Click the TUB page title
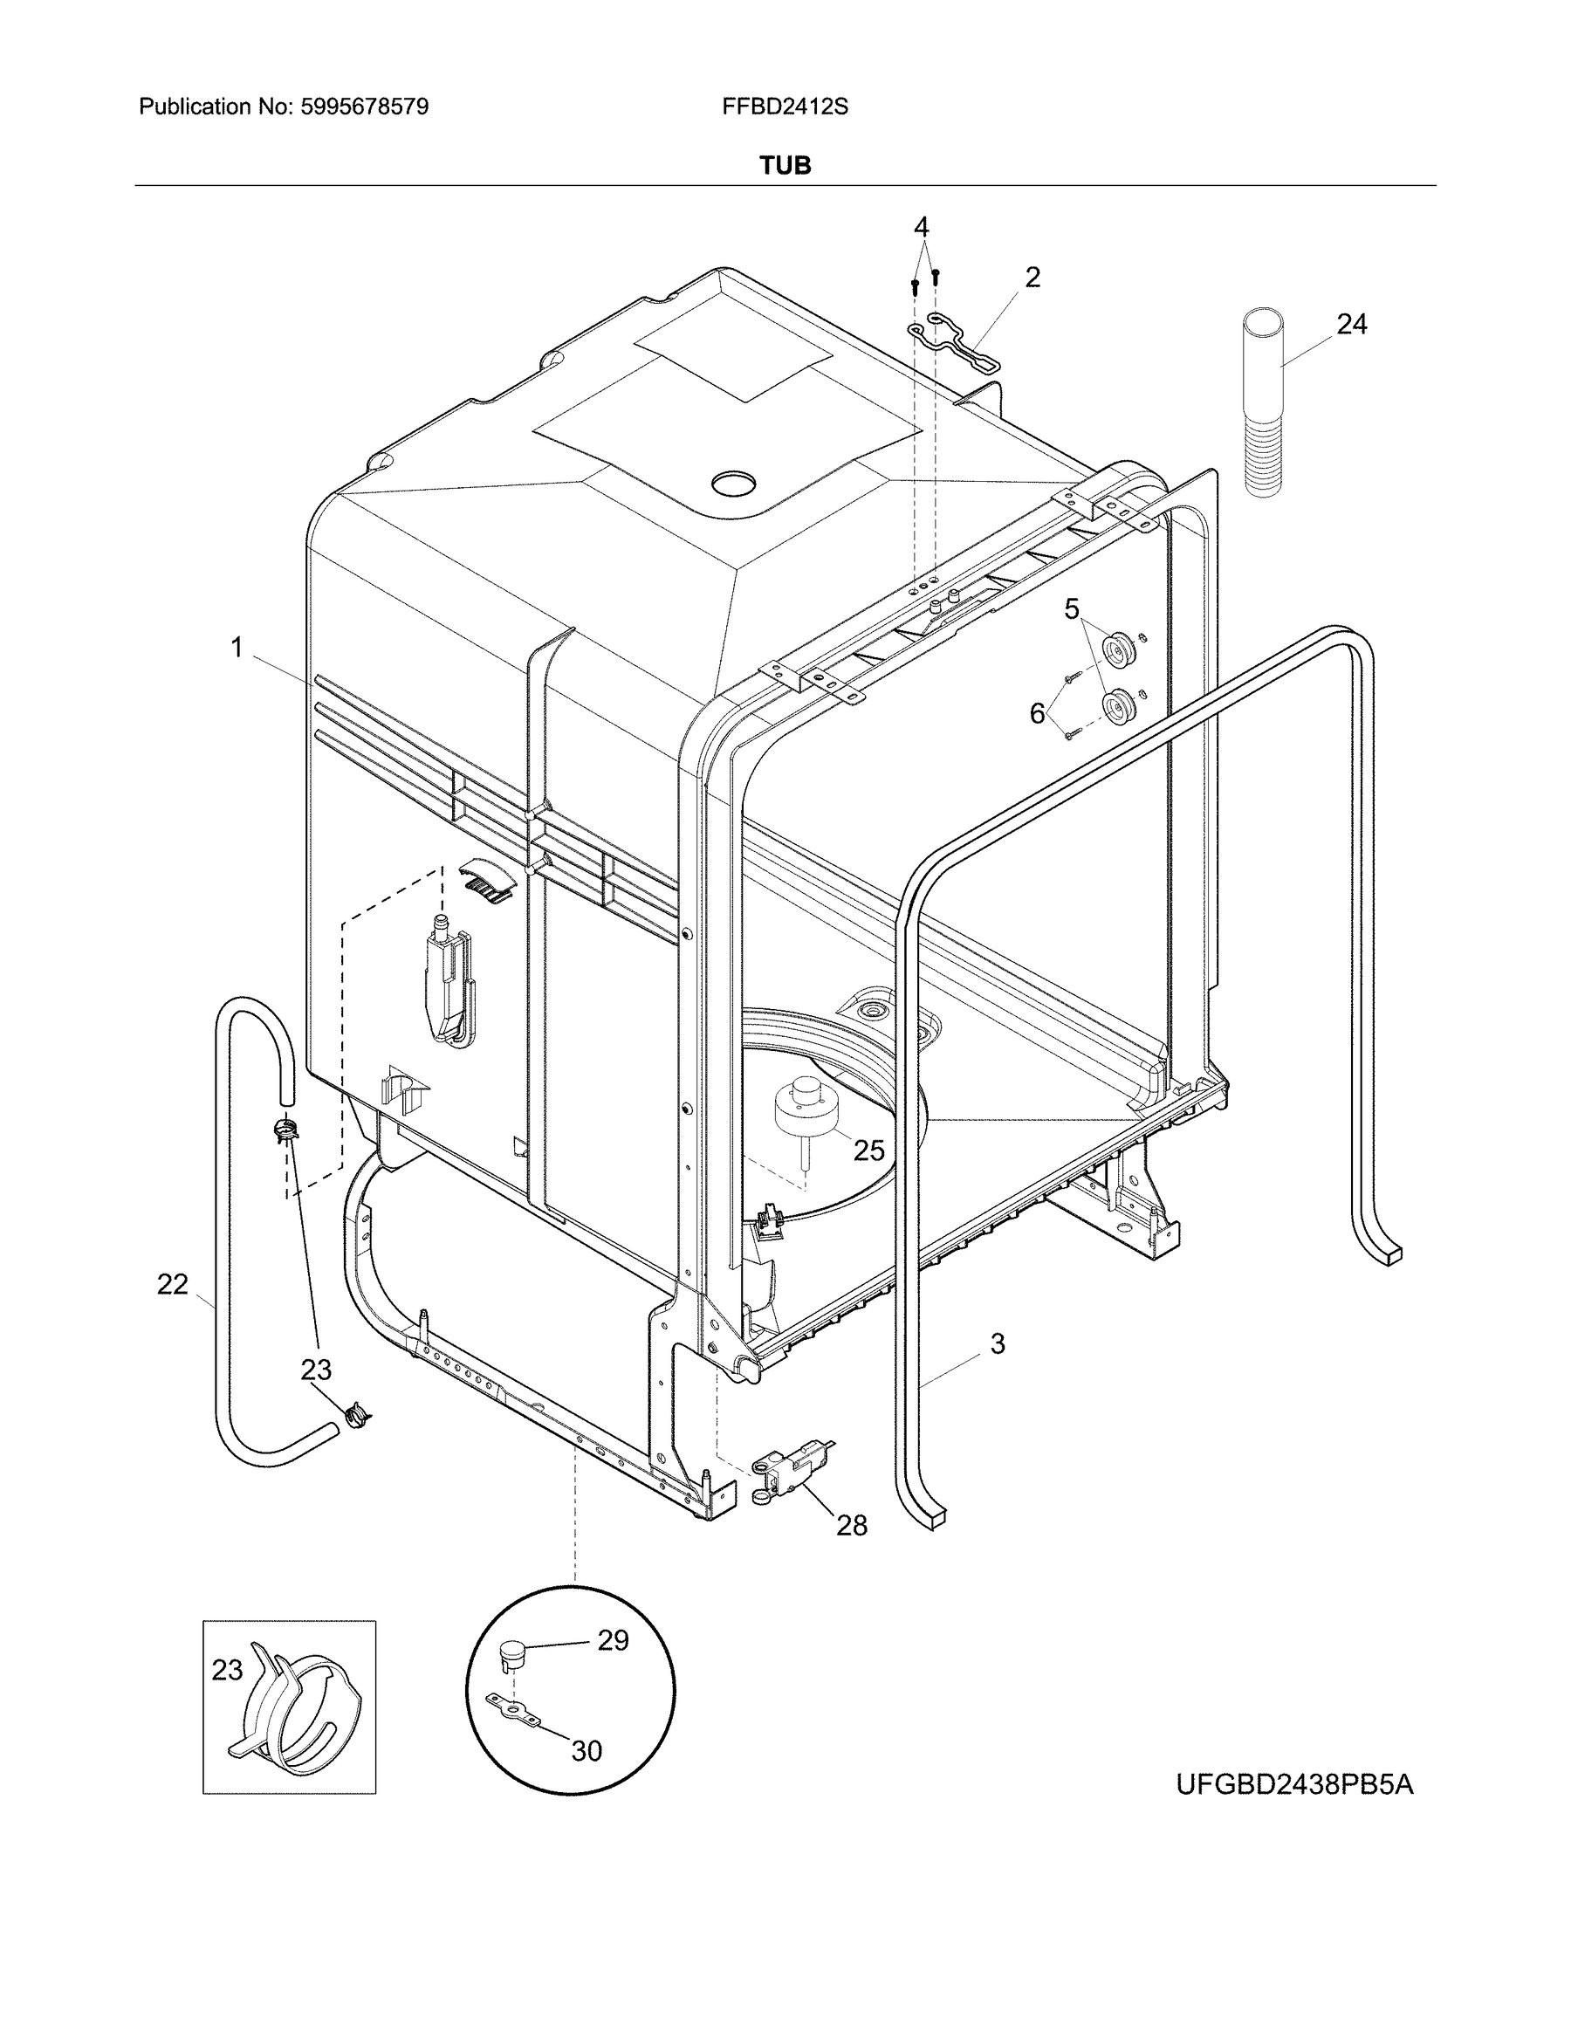tap(785, 166)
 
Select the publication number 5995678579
tap(366, 107)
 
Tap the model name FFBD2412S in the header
tap(785, 107)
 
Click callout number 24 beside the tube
tap(1352, 324)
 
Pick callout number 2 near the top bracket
tap(1032, 277)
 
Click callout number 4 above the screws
tap(922, 226)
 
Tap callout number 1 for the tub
tap(237, 647)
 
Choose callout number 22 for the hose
tap(173, 1285)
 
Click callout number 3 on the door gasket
tap(998, 1343)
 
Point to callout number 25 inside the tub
tap(868, 1150)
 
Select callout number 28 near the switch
tap(852, 1526)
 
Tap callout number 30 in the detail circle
tap(587, 1751)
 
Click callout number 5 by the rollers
tap(1072, 609)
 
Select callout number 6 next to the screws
tap(1037, 713)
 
